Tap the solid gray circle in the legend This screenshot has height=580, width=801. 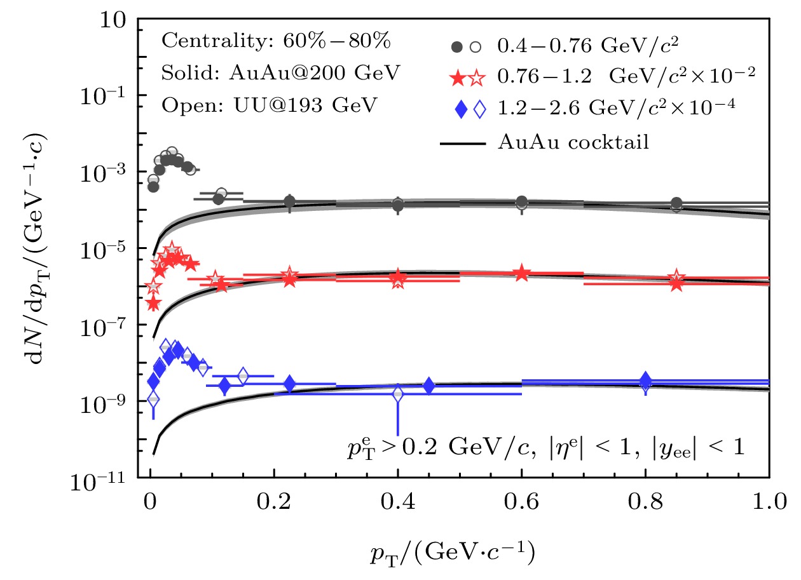point(456,46)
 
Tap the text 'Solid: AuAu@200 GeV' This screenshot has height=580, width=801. point(281,73)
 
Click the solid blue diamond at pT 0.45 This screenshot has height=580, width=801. point(428,386)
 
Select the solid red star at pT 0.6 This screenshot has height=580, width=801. point(522,273)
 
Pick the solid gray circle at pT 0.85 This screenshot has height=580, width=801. point(676,203)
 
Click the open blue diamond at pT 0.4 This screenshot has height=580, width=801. point(398,394)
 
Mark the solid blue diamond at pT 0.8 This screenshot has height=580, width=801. point(646,380)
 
